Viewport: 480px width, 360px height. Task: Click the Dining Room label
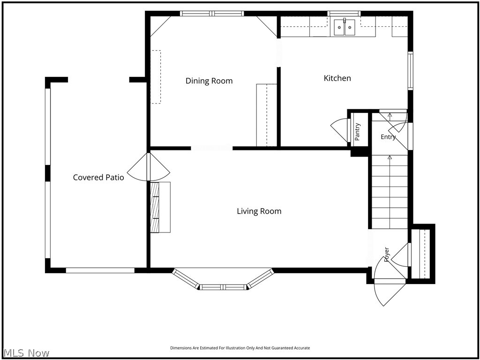pyautogui.click(x=209, y=81)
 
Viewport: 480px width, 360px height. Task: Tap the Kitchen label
pyautogui.click(x=337, y=78)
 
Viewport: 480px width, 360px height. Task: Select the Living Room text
pyautogui.click(x=259, y=211)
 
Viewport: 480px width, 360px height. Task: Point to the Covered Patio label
pyautogui.click(x=98, y=178)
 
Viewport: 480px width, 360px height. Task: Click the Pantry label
pyautogui.click(x=357, y=132)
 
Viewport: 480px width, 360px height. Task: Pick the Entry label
pyautogui.click(x=388, y=137)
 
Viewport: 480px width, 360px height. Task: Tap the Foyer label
pyautogui.click(x=386, y=255)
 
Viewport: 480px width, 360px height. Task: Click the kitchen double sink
pyautogui.click(x=345, y=27)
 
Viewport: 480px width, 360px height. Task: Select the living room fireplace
pyautogui.click(x=160, y=207)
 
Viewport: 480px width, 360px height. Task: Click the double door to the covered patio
pyautogui.click(x=149, y=167)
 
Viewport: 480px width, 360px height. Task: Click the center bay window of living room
pyautogui.click(x=223, y=287)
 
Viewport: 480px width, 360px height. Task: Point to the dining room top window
pyautogui.click(x=212, y=14)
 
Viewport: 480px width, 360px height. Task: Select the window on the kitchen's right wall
pyautogui.click(x=410, y=71)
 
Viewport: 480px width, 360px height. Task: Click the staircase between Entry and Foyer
pyautogui.click(x=390, y=192)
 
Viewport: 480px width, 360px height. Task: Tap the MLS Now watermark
pyautogui.click(x=25, y=353)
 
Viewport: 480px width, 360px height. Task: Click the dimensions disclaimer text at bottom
pyautogui.click(x=240, y=348)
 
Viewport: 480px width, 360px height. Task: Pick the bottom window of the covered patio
pyautogui.click(x=100, y=270)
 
